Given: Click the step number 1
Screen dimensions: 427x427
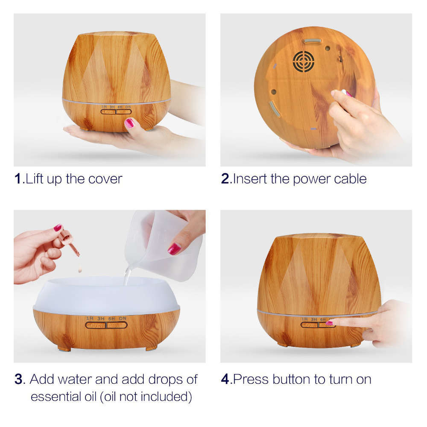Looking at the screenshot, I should point(18,178).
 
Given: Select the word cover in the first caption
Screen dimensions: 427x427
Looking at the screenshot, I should point(105,178).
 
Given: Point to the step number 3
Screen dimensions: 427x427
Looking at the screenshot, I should point(18,379).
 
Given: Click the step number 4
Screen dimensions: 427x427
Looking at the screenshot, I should point(225,379).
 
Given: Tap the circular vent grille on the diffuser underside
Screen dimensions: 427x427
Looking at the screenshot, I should point(303,61).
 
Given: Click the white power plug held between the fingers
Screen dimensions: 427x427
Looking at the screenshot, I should point(344,92).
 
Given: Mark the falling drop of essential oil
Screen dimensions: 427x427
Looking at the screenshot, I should point(79,269).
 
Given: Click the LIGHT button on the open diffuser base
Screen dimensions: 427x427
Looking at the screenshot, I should point(96,325).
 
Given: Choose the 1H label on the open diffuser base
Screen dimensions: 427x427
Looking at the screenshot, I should point(90,318).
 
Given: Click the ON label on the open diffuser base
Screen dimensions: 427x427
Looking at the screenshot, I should point(123,318).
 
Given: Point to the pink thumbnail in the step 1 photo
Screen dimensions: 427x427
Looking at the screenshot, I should point(129,123).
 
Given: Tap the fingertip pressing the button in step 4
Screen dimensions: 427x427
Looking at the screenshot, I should point(330,323).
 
